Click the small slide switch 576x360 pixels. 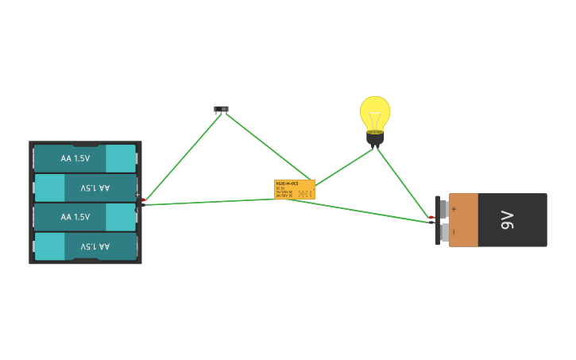221,109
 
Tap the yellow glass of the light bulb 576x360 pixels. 375,113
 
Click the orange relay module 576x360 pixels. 295,189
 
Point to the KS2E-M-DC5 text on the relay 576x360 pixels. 287,183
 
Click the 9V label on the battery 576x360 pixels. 507,220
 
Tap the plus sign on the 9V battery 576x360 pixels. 454,209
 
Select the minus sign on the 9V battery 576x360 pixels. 454,232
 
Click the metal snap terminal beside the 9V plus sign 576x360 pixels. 443,208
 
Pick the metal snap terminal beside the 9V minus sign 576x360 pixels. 443,233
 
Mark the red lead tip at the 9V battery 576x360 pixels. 431,217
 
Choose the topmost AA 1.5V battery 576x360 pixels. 85,158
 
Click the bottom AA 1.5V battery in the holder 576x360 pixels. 85,246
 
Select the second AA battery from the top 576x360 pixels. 85,188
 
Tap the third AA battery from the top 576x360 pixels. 85,217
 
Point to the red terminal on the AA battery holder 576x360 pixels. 144,199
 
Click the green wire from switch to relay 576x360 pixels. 266,145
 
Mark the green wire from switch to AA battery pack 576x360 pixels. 183,156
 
